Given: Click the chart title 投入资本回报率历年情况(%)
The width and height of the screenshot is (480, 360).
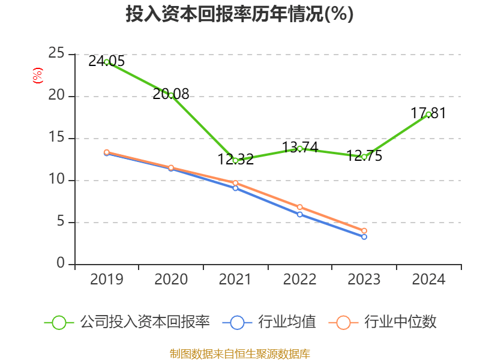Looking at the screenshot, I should coord(239,14).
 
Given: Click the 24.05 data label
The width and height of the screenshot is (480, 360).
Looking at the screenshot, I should coord(106,61).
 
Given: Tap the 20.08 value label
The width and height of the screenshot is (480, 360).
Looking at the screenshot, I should coord(171,94).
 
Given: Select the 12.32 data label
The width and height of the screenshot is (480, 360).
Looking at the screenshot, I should coord(236,160).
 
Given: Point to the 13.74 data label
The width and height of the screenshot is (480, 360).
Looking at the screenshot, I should coord(300,147).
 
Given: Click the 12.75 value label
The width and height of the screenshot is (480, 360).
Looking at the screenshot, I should coord(364,156).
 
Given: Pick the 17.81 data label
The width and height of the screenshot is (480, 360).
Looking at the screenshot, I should coord(428,113).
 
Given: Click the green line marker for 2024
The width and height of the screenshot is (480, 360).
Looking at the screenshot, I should coord(428,115).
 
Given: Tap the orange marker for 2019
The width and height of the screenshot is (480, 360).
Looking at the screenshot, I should coord(106,152).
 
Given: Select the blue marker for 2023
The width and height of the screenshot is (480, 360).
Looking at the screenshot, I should coord(364,237).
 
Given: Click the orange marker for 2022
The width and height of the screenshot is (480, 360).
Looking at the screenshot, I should coord(300,207).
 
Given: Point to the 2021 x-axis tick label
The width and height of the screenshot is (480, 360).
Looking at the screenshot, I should coord(235,280).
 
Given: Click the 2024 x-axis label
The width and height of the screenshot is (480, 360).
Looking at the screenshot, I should coord(428,280).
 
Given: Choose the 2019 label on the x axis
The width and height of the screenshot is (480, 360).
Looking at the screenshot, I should coord(106,280).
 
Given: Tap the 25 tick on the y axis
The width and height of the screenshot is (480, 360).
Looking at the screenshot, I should coord(57,54).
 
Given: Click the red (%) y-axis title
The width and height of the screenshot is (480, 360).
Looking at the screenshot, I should coord(37,75).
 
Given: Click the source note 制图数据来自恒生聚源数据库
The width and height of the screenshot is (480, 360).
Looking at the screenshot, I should coord(239,353).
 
